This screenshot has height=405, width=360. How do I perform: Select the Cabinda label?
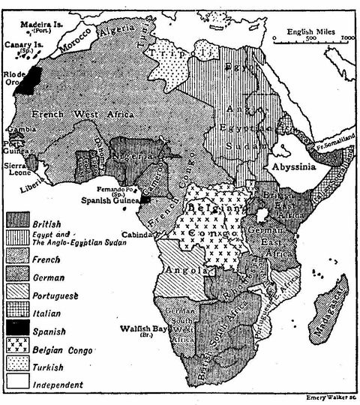pyautogui.click(x=139, y=235)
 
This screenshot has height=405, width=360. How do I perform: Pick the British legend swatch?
pyautogui.click(x=19, y=220)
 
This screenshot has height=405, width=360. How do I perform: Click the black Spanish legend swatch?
pyautogui.click(x=19, y=329)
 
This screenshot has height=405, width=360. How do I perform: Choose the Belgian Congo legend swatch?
pyautogui.click(x=19, y=347)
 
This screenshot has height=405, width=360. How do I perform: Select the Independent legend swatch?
pyautogui.click(x=19, y=383)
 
